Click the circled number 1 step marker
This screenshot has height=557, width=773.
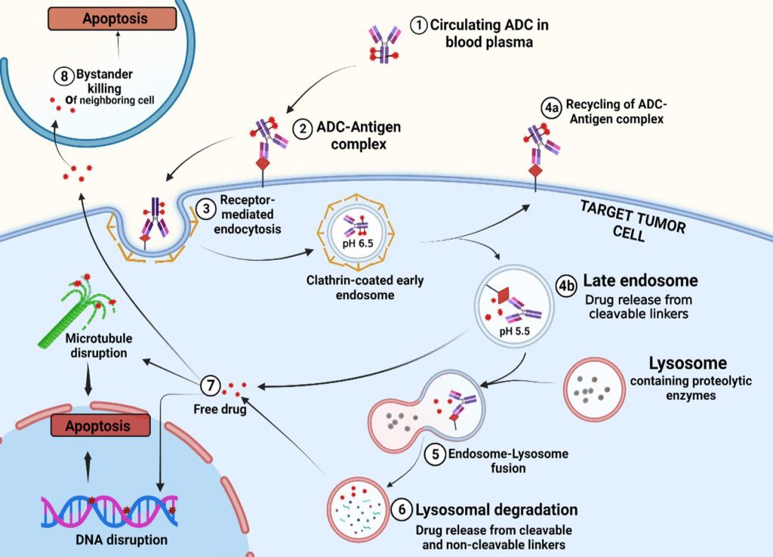pos(419,25)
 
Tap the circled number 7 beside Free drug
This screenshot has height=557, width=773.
pos(211,386)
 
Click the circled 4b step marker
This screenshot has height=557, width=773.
pos(567,286)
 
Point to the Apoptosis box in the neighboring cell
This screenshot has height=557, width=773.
pos(96,18)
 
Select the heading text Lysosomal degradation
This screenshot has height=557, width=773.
pos(497,509)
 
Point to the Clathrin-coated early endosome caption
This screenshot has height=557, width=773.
pos(365,288)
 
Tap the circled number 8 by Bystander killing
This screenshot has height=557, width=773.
pos(64,75)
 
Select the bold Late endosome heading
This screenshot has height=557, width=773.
pos(640,281)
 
